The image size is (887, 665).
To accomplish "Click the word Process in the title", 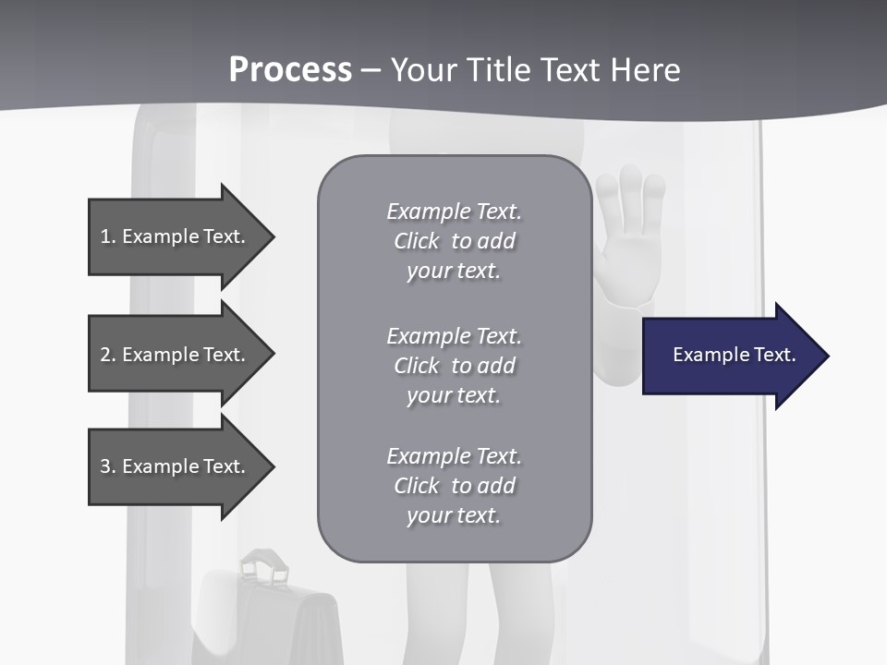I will pyautogui.click(x=290, y=69).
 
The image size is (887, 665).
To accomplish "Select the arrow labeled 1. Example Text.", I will pyautogui.click(x=176, y=236).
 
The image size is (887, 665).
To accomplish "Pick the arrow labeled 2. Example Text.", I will pyautogui.click(x=176, y=355).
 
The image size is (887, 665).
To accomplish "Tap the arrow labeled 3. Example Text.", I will pyautogui.click(x=176, y=466).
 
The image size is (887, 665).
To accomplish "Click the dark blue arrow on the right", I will pyautogui.click(x=730, y=356).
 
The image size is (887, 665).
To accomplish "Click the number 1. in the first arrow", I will pyautogui.click(x=107, y=236).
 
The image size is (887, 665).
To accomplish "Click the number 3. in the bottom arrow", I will pyautogui.click(x=107, y=466).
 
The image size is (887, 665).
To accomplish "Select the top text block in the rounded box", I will pyautogui.click(x=454, y=241).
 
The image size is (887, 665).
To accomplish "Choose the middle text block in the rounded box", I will pyautogui.click(x=454, y=366).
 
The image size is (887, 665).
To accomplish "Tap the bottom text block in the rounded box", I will pyautogui.click(x=454, y=486).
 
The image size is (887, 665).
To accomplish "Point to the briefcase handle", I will pyautogui.click(x=264, y=563).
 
